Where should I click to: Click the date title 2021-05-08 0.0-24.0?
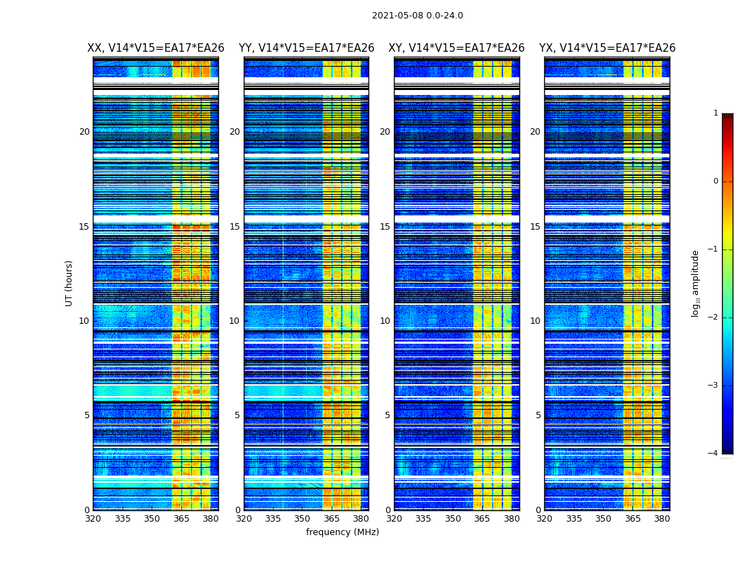pyautogui.click(x=417, y=16)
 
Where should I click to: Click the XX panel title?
pyautogui.click(x=156, y=48)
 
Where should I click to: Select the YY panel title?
pyautogui.click(x=306, y=48)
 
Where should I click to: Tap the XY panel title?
pyautogui.click(x=456, y=48)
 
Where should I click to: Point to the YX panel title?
pyautogui.click(x=607, y=48)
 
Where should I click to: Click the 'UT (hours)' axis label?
pyautogui.click(x=69, y=283)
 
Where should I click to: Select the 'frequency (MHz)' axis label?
pyautogui.click(x=342, y=532)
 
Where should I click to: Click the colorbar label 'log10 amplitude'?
pyautogui.click(x=696, y=283)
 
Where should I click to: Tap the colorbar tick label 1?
pyautogui.click(x=716, y=113)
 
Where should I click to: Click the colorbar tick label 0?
pyautogui.click(x=716, y=181)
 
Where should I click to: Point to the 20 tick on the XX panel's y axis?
pyautogui.click(x=84, y=132)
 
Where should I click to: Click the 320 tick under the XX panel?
pyautogui.click(x=93, y=519)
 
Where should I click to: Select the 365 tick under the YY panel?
pyautogui.click(x=332, y=519)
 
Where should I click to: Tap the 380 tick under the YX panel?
pyautogui.click(x=662, y=519)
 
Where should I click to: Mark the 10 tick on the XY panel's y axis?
pyautogui.click(x=385, y=321)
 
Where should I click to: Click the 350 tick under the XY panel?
pyautogui.click(x=453, y=519)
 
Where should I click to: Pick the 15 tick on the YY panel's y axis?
pyautogui.click(x=235, y=227)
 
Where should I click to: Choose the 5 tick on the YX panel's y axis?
pyautogui.click(x=538, y=415)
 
